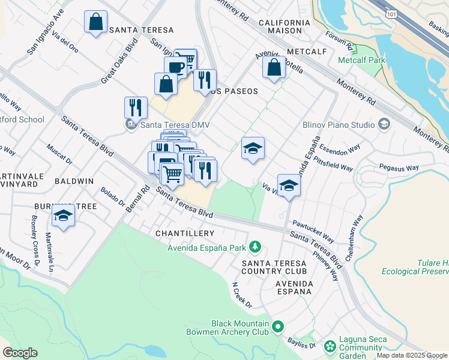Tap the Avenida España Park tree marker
tap(255, 247)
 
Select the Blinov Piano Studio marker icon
tap(384, 125)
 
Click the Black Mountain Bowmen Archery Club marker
tap(277, 327)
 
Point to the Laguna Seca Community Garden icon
tap(330, 346)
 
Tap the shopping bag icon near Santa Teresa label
tap(95, 22)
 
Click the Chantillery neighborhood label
tap(184, 233)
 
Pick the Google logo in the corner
tap(20, 353)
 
